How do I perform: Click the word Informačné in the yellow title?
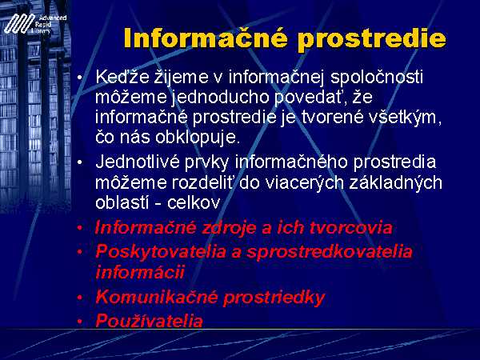206,38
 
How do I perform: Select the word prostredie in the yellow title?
372,39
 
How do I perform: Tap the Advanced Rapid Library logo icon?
19,24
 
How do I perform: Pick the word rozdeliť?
203,182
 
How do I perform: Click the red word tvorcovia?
351,228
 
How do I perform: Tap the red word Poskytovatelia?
161,252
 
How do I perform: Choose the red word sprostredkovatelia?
330,252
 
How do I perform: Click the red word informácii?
140,272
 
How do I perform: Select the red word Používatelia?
149,321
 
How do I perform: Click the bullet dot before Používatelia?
80,322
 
